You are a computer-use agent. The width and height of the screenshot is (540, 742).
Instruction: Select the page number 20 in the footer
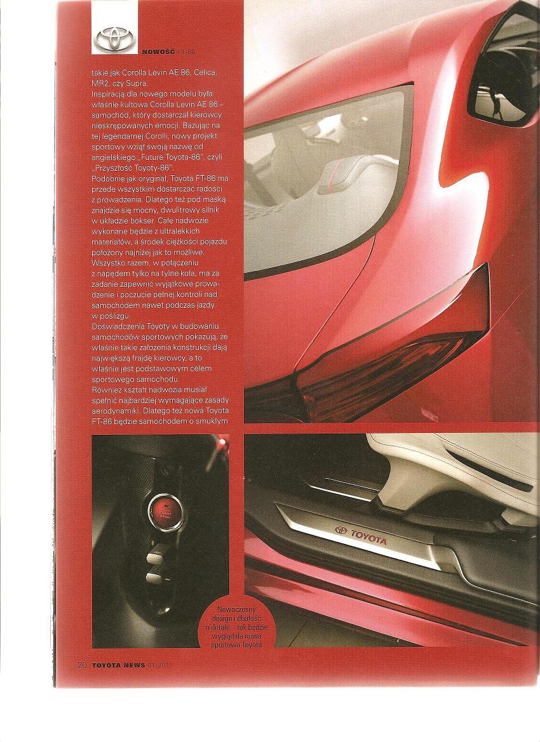[x=82, y=665]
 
